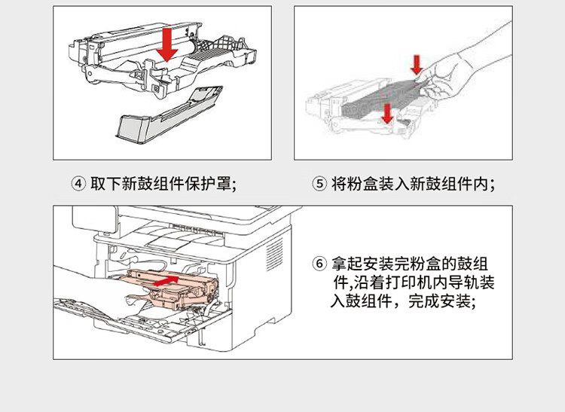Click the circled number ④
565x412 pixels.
click(x=78, y=184)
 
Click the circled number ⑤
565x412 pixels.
click(x=319, y=184)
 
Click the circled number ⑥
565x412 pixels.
click(x=319, y=264)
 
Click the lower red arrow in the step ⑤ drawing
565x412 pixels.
click(x=387, y=113)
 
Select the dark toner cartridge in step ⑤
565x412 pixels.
click(x=377, y=98)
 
